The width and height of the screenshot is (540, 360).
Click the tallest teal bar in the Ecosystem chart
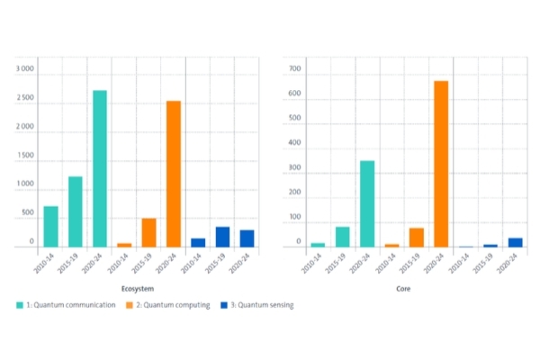100,168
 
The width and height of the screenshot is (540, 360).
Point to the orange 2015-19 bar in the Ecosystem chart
148,232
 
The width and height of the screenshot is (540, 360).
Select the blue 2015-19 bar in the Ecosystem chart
222,237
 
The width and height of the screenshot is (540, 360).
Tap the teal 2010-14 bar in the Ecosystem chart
51,226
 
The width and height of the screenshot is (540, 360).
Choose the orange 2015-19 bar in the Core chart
417,237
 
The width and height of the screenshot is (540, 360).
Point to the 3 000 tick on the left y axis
25,69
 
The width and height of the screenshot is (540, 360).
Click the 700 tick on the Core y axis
295,68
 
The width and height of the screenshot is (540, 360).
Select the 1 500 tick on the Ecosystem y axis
25,156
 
